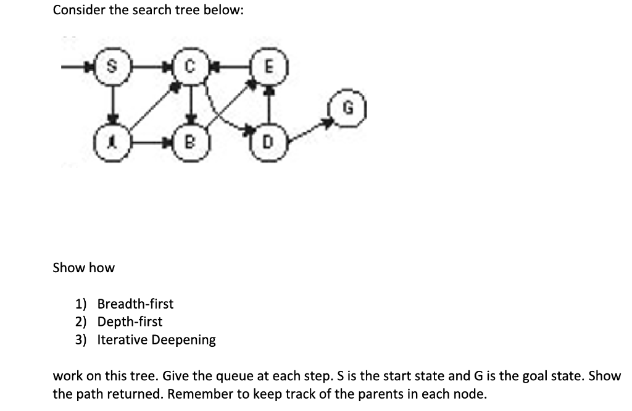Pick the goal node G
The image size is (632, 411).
click(x=347, y=112)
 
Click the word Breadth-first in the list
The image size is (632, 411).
click(x=136, y=304)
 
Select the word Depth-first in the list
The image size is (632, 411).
click(x=130, y=322)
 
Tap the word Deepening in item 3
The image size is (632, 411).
click(x=184, y=340)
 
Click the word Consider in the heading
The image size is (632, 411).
click(x=78, y=10)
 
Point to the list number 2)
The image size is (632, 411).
click(x=81, y=322)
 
